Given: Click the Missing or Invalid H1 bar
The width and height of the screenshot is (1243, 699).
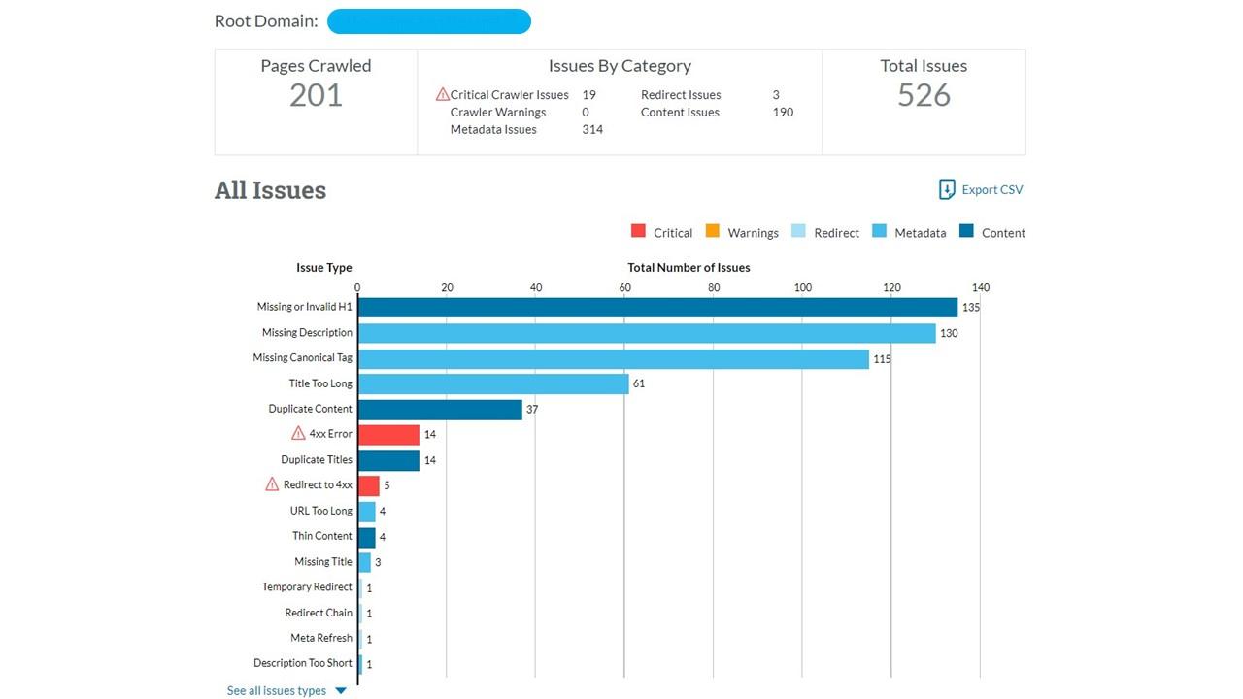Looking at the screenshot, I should coord(657,307).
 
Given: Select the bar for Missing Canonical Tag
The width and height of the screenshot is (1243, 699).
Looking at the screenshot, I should coord(613,358).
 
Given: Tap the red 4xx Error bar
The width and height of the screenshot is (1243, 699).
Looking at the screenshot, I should coord(388,434).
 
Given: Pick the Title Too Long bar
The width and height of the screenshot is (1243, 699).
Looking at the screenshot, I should coord(493,383).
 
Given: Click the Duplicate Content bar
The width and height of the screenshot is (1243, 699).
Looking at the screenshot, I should coord(440,409).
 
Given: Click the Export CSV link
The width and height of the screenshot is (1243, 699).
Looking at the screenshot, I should coord(981,190).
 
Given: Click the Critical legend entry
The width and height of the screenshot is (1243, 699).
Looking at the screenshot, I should coord(661,233).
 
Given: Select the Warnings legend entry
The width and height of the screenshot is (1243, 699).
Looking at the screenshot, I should coord(742,233).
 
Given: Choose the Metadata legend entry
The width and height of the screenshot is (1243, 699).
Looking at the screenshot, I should coord(910,233).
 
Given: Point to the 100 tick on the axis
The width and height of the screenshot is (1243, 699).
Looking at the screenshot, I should coord(803,287).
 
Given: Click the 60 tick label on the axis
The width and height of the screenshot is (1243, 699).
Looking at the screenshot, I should coord(624,287).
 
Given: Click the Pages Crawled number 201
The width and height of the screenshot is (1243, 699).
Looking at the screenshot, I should coord(316,95).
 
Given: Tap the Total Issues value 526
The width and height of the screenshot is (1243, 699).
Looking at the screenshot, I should coord(924,95).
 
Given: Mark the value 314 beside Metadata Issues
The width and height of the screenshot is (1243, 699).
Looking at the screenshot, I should coord(592,130).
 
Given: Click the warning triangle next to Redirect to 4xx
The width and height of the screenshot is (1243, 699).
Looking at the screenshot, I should coord(272,484).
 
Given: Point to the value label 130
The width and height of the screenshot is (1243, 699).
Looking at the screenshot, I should coord(949,333).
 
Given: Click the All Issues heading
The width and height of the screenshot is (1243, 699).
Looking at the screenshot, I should coord(270,190).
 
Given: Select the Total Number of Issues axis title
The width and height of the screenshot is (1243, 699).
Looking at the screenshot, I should coord(689,267).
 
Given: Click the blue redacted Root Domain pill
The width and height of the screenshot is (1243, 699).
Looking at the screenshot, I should coord(429,21).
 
